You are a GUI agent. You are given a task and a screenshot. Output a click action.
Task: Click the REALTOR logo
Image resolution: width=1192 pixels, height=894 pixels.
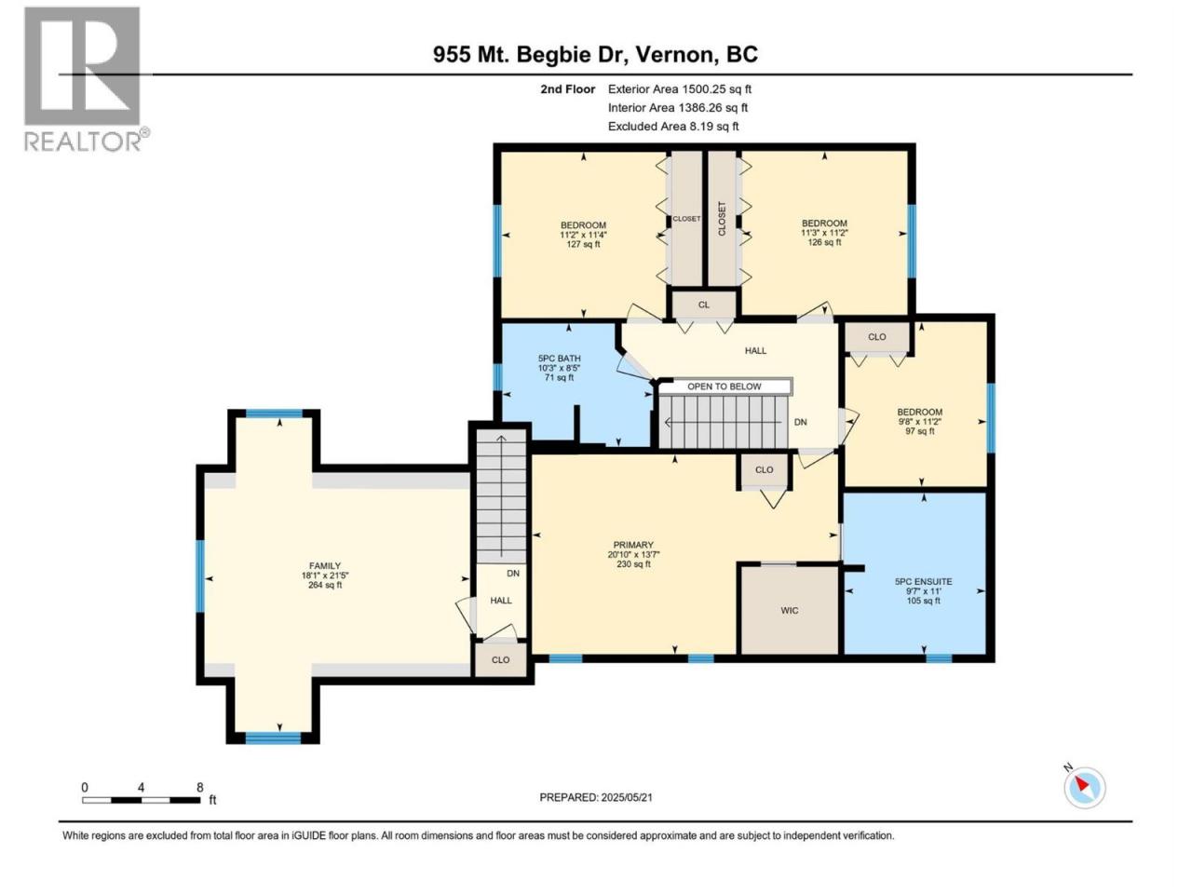87,79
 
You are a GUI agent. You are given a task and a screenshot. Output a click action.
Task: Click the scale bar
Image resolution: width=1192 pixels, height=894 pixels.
142,800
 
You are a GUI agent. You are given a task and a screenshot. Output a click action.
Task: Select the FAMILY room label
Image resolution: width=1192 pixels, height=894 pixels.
325,575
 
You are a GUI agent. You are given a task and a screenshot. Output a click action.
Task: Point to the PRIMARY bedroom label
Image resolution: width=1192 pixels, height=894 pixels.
633,554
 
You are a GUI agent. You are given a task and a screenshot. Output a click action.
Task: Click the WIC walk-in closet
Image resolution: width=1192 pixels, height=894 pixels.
789,610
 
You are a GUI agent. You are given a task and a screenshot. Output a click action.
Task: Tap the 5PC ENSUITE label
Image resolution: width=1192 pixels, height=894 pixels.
923,591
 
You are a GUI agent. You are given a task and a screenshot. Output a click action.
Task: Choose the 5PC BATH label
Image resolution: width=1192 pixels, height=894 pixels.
560,368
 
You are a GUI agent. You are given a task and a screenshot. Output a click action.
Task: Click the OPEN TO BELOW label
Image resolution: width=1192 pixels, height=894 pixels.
724,386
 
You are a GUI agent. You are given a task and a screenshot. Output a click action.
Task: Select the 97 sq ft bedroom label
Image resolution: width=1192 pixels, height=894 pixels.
919,421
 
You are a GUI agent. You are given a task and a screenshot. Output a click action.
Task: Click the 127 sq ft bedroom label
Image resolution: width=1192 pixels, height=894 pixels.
583,235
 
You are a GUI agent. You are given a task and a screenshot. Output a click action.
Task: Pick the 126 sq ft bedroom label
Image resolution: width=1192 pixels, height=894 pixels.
824,232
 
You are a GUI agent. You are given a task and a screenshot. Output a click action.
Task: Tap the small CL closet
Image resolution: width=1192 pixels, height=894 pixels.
704,305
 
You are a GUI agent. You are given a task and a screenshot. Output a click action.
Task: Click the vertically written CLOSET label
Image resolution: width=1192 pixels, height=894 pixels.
722,219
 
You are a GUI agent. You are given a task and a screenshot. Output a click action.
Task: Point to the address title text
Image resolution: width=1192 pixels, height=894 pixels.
595,55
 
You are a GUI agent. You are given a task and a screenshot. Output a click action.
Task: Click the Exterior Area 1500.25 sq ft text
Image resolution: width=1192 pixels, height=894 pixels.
680,89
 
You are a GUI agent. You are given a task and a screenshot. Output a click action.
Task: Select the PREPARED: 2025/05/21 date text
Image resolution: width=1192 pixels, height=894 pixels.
596,797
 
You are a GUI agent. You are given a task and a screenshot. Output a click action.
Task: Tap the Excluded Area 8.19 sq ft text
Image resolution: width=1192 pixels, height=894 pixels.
673,127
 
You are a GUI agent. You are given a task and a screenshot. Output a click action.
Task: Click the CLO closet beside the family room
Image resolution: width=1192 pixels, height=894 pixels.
501,659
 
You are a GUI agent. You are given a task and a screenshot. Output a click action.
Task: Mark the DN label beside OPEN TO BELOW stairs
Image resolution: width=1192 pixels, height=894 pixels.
801,422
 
